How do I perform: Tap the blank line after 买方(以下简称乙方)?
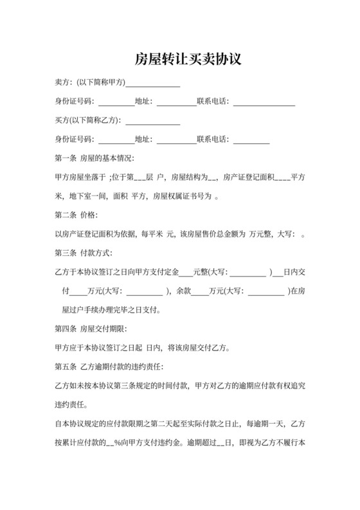click(153, 122)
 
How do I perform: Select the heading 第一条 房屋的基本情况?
click(94, 158)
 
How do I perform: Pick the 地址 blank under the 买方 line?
click(176, 141)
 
